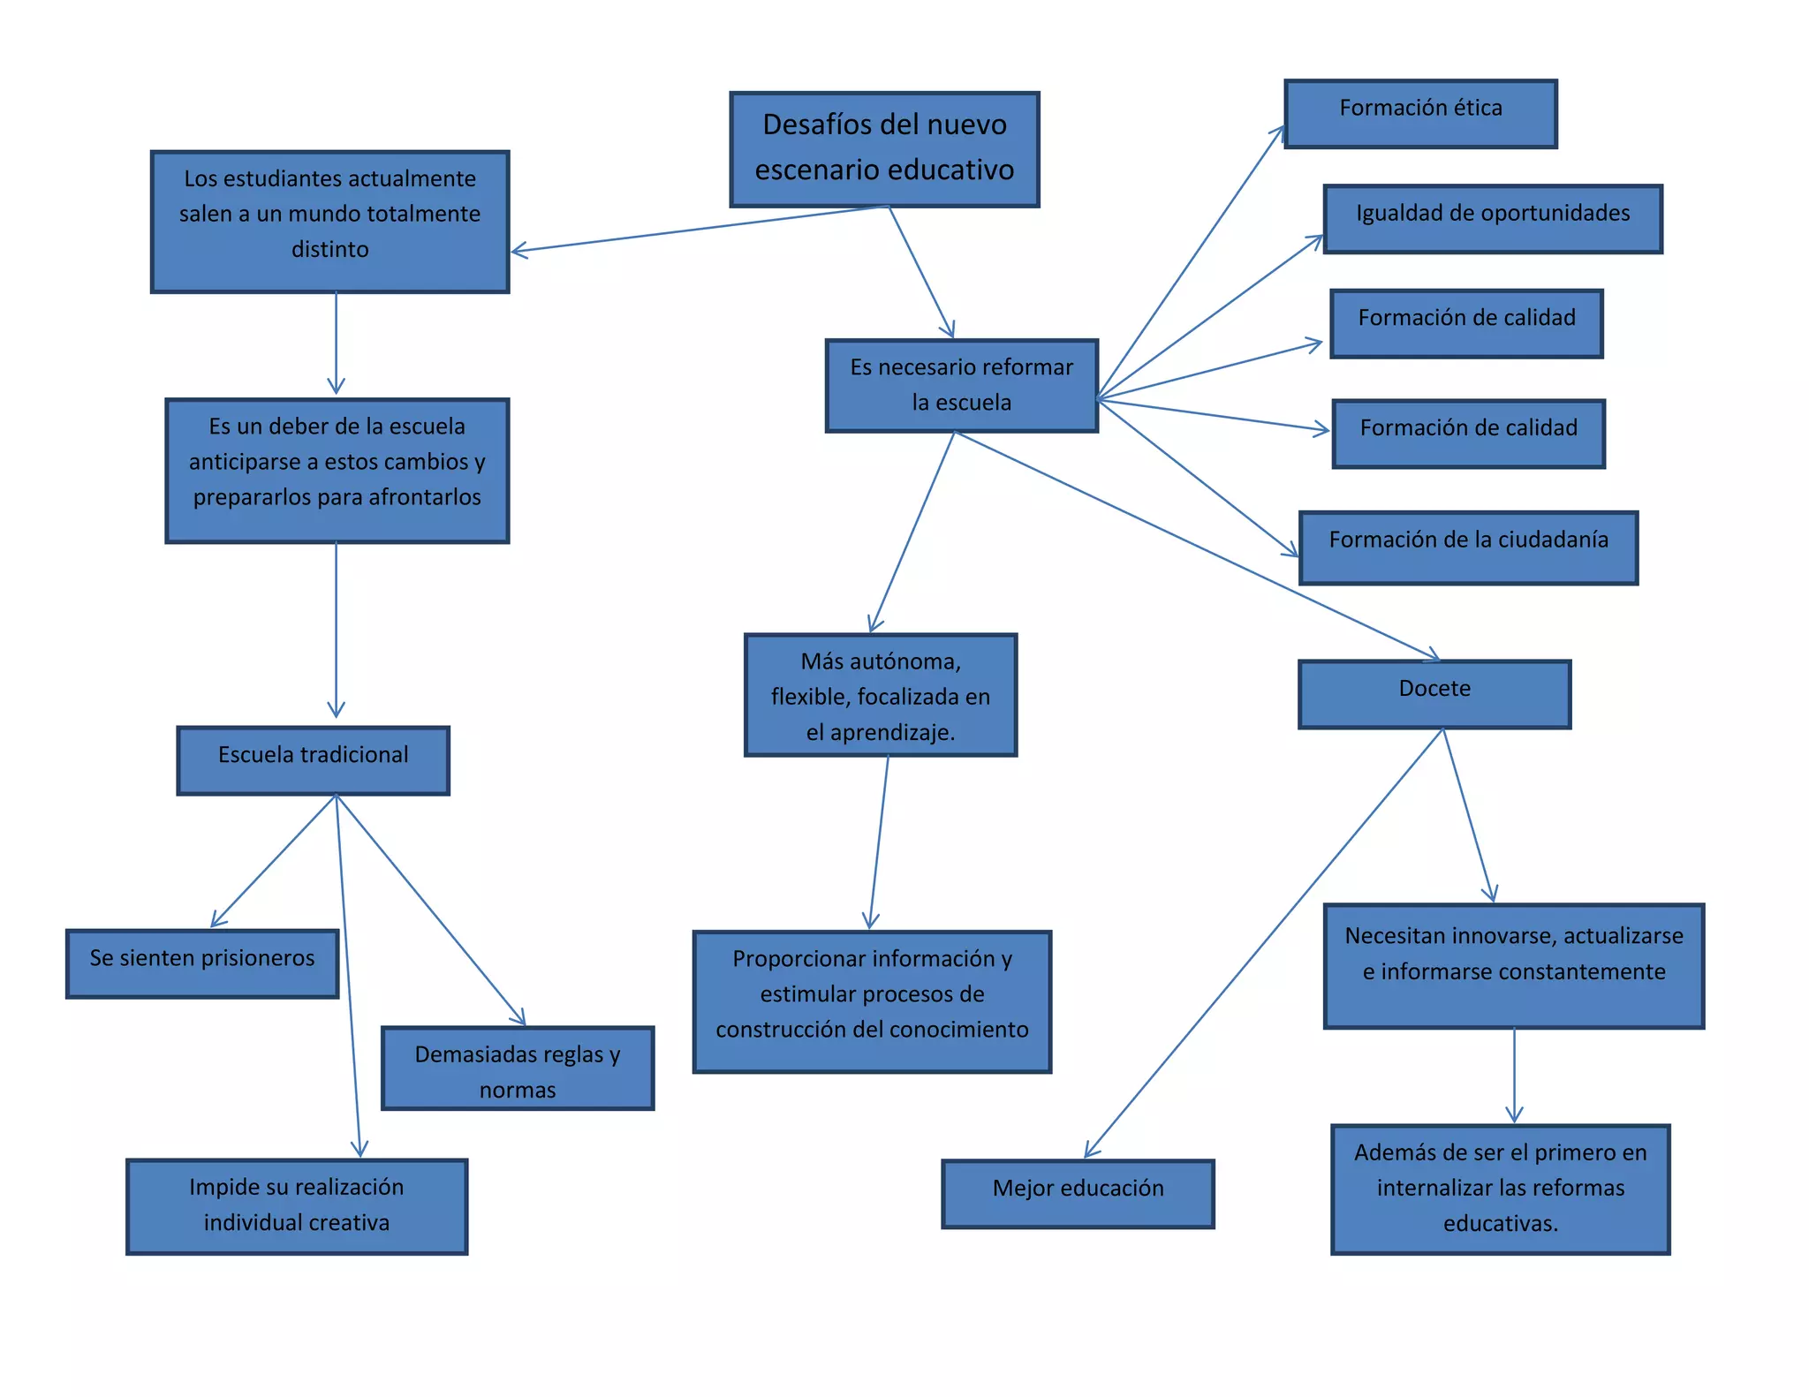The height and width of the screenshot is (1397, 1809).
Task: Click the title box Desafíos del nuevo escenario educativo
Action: coord(884,148)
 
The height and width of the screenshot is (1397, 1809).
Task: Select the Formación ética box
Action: coord(1419,113)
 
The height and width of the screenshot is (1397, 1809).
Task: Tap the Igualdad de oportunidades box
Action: coord(1492,218)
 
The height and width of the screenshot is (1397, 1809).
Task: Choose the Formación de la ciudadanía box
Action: coord(1468,547)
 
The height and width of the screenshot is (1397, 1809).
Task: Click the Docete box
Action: coord(1434,693)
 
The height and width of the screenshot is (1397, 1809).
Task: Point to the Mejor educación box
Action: coord(1078,1193)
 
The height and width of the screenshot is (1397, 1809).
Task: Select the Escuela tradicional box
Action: coord(313,759)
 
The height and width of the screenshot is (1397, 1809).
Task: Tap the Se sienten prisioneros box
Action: coord(202,963)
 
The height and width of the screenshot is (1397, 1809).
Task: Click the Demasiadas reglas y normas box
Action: coord(518,1068)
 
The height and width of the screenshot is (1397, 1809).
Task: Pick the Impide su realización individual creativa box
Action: coord(297,1205)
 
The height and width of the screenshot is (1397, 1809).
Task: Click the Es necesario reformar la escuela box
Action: coord(961,385)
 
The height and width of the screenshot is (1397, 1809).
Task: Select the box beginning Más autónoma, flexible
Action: coord(880,694)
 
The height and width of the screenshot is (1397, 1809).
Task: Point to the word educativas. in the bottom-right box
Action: coord(1500,1224)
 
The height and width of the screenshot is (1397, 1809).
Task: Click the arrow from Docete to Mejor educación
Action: coord(1263,943)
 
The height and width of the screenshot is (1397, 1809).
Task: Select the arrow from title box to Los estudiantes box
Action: coord(698,230)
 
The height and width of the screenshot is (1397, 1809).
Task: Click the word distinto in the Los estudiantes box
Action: coord(329,249)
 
